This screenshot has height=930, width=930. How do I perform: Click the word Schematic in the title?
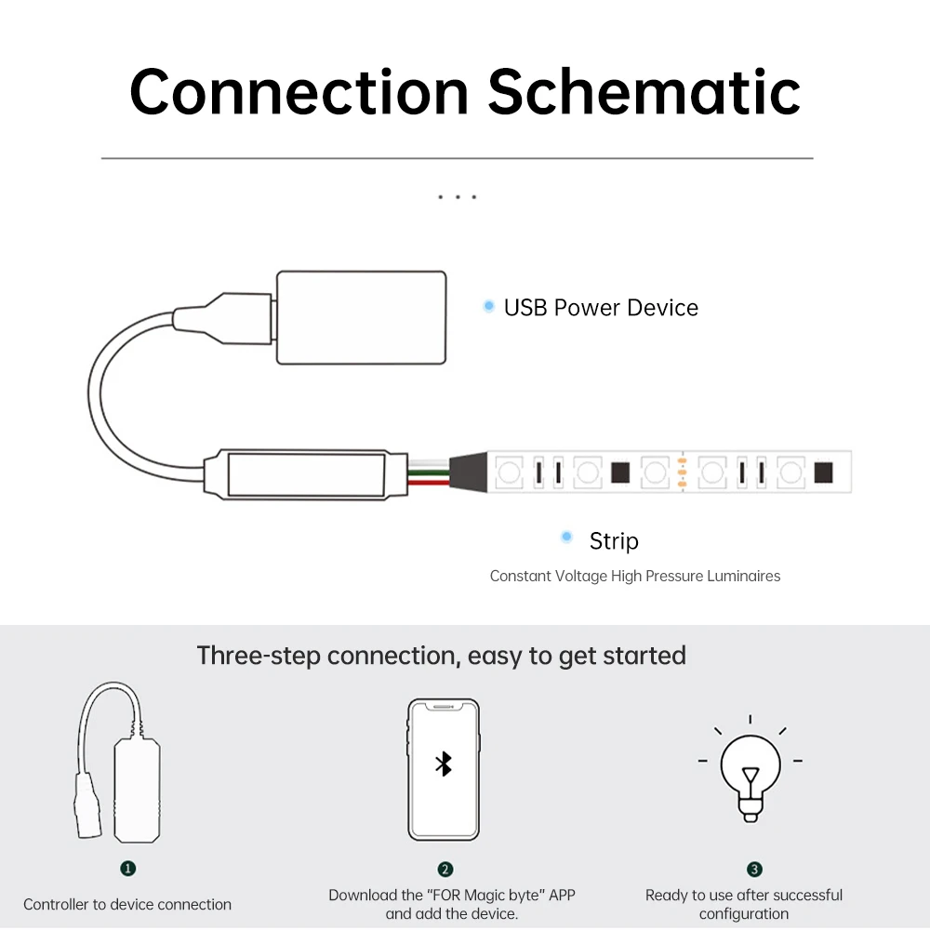(x=644, y=91)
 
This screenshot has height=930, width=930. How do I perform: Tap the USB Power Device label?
(x=601, y=308)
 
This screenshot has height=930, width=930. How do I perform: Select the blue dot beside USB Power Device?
(x=488, y=306)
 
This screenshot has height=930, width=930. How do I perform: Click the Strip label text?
(x=614, y=540)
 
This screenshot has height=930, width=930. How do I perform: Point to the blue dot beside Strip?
(x=566, y=537)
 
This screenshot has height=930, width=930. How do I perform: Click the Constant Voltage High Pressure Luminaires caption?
(x=635, y=576)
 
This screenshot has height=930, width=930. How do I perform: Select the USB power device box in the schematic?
(x=361, y=317)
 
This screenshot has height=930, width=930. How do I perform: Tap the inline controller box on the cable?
(x=305, y=475)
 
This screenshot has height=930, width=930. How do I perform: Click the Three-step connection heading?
(x=441, y=656)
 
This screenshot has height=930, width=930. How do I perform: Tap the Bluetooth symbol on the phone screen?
(x=444, y=764)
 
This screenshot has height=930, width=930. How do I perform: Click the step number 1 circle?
(x=128, y=868)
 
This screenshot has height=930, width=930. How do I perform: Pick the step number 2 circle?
(x=445, y=870)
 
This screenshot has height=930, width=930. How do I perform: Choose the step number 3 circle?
(x=754, y=870)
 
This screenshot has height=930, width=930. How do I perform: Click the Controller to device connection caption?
(x=127, y=904)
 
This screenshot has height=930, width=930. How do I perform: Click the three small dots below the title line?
(x=457, y=197)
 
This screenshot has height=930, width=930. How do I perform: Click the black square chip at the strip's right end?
(x=822, y=472)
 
